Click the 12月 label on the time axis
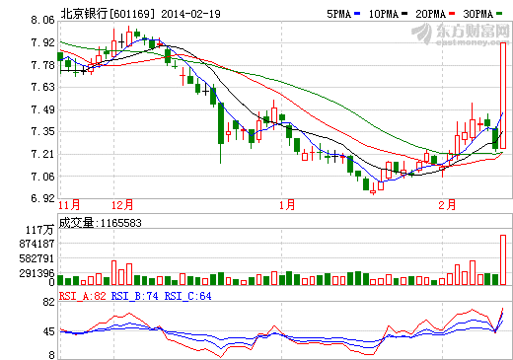tap(122, 205)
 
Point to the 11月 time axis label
tap(69, 205)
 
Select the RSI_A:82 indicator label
tap(82, 294)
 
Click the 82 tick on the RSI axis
tap(46, 305)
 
